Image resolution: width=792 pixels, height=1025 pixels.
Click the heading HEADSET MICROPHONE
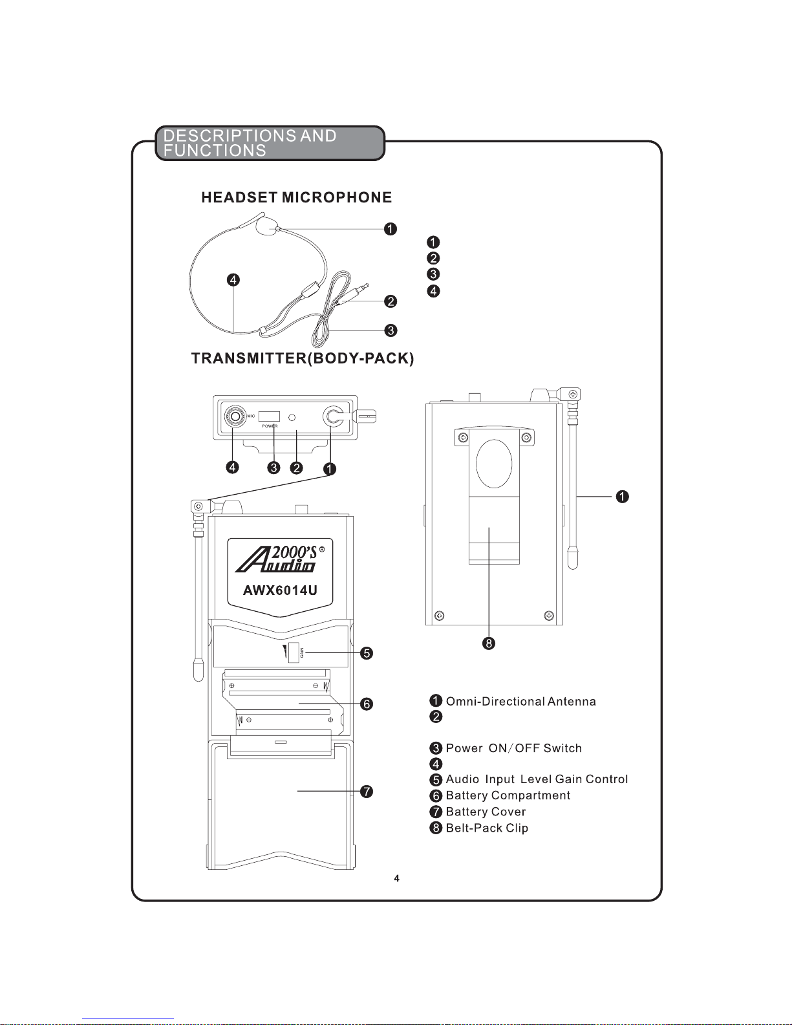[x=296, y=198]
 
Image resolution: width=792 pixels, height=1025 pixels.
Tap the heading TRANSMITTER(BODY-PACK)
[x=303, y=358]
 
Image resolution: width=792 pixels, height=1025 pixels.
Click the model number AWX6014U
[x=280, y=590]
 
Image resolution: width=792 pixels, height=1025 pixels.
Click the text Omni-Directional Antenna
[x=520, y=702]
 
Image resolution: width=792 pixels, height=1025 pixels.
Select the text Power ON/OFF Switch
[x=513, y=748]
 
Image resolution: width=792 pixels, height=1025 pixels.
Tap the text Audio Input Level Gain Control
[x=537, y=779]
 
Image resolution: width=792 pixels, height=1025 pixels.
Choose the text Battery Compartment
[x=508, y=795]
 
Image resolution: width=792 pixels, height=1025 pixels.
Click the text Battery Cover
[x=486, y=812]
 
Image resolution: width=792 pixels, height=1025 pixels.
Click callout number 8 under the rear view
[x=489, y=643]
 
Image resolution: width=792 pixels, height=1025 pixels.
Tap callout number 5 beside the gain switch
[x=367, y=653]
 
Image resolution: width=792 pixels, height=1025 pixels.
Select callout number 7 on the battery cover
[x=367, y=792]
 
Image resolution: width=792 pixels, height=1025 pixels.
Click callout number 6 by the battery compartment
[x=367, y=704]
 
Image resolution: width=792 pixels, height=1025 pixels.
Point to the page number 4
[x=396, y=878]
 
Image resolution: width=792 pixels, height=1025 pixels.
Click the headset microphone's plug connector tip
[x=366, y=285]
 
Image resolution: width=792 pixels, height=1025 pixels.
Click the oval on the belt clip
[x=494, y=464]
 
